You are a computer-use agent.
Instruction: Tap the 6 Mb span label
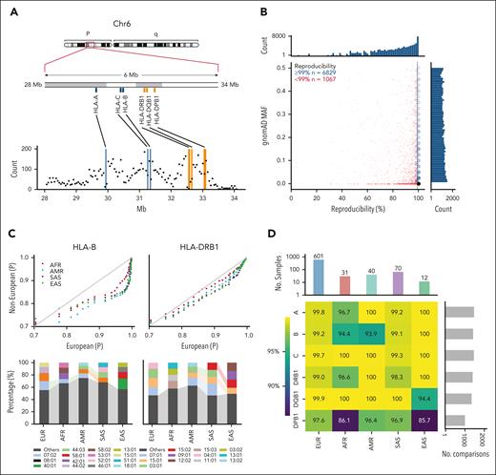(x=129, y=75)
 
